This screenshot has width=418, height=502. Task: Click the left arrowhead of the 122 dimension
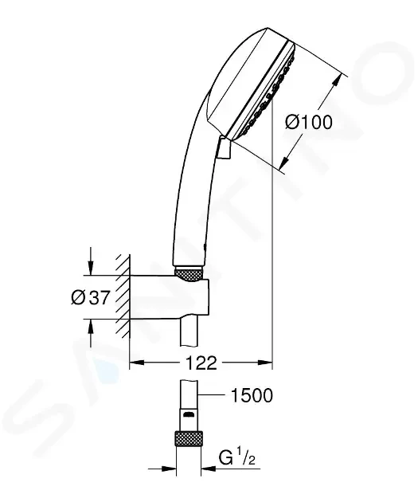[135, 363]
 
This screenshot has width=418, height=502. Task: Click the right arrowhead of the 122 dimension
[267, 363]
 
